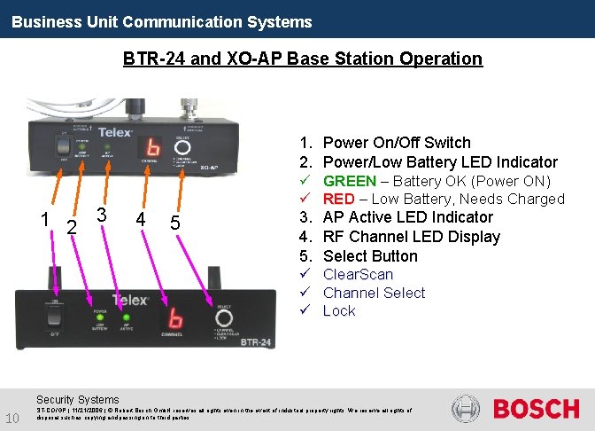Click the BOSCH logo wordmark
(x=536, y=409)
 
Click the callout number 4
(x=140, y=218)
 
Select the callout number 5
(x=175, y=223)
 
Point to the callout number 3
(x=102, y=215)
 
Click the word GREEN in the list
(x=349, y=181)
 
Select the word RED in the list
(x=338, y=199)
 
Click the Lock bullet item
(x=339, y=310)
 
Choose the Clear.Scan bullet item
(x=358, y=274)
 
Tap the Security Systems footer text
(x=77, y=400)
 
